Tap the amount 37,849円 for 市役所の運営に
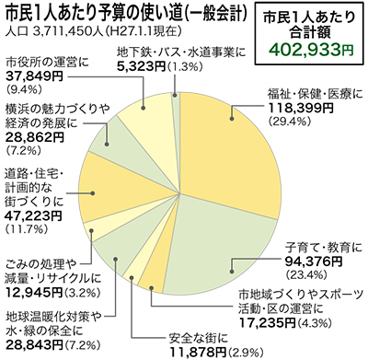31,75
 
